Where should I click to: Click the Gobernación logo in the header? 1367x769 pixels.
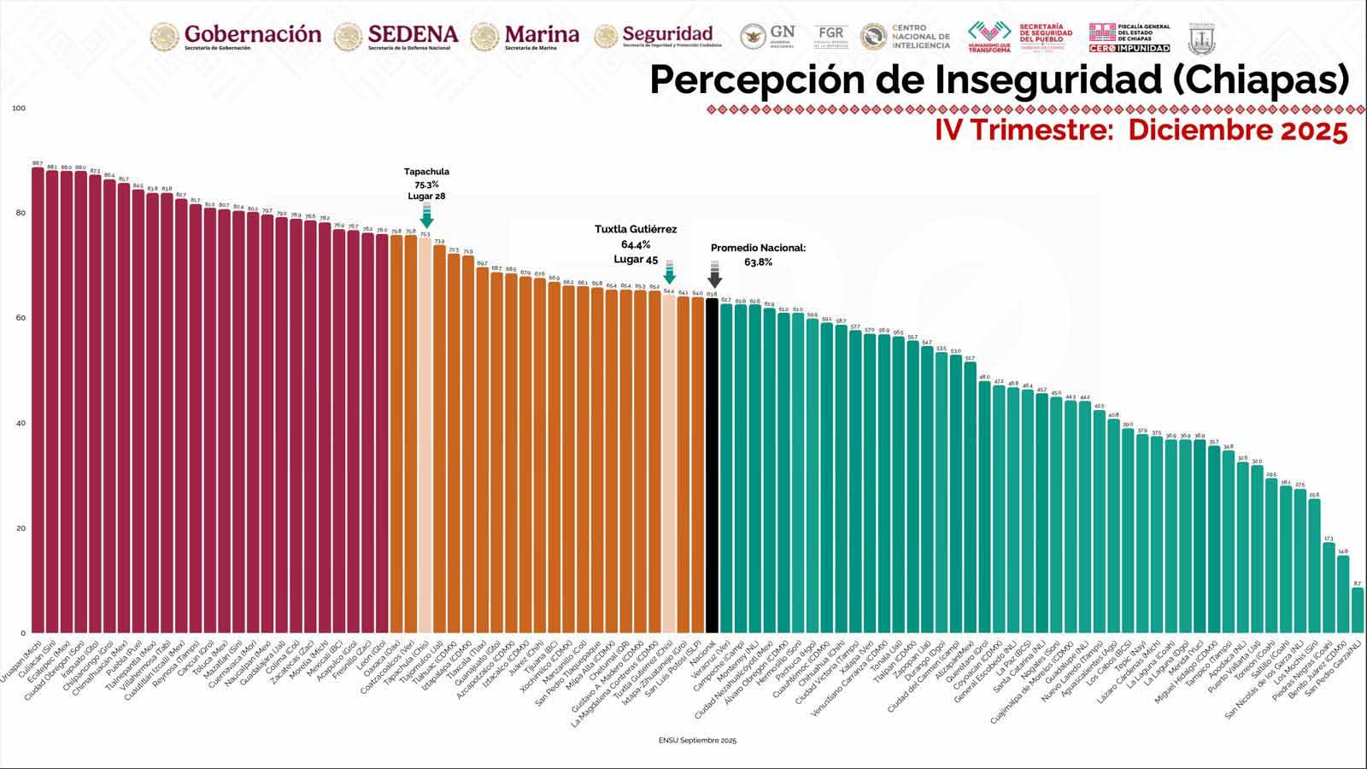pos(236,36)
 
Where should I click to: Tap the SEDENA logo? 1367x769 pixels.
pos(396,36)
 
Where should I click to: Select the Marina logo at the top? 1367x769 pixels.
pos(525,36)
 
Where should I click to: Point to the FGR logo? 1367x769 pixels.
pos(830,36)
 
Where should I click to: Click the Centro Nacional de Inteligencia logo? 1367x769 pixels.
pos(905,36)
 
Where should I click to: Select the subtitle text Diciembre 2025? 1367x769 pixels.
pos(1237,131)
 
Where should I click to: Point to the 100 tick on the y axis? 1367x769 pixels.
pos(19,109)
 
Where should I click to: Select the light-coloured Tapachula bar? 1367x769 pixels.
pos(425,436)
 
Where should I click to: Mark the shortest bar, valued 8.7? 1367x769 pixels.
pos(1358,610)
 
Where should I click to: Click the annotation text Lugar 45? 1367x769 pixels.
pos(636,260)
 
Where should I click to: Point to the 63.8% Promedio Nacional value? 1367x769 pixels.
pos(758,262)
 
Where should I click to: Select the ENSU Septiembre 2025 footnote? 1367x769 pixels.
pos(697,740)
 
